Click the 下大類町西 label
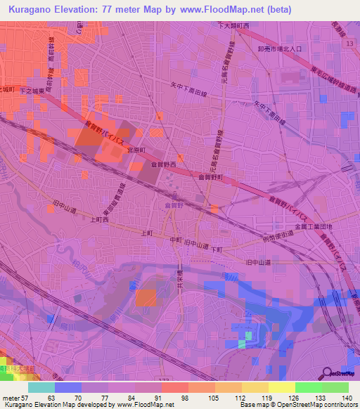point(233,25)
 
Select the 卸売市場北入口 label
point(278,49)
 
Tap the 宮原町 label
point(136,150)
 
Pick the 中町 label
point(176,239)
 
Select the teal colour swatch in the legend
point(41,387)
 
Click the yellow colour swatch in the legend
point(282,387)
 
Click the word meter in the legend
point(11,397)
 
